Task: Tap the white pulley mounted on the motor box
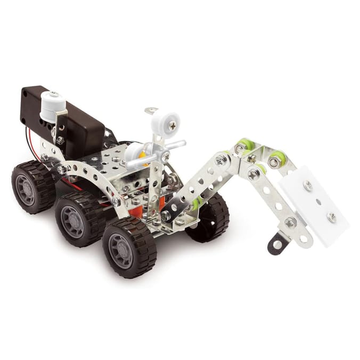click(53, 104)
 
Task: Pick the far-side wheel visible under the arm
click(210, 218)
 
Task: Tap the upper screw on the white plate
click(308, 185)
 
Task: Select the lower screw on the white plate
click(331, 217)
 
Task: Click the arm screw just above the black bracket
click(291, 223)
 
